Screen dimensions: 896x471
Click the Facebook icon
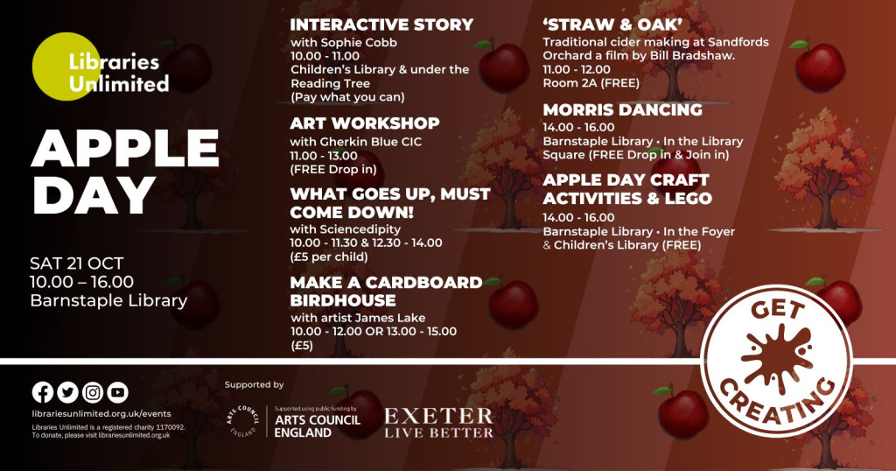42,393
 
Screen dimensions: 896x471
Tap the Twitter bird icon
67,393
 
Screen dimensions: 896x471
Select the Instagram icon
93,393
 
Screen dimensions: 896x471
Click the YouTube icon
118,393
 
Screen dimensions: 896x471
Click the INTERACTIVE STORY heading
381,25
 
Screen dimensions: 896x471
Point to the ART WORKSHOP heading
365,123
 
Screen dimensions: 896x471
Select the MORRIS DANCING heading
622,109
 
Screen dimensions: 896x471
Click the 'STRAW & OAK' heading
612,25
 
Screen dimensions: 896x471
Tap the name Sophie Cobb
359,42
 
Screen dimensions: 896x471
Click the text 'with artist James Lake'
358,318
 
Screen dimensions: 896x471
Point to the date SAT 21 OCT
77,264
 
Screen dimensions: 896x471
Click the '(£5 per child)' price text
329,257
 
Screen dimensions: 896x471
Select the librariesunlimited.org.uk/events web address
101,414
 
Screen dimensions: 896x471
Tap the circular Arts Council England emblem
243,421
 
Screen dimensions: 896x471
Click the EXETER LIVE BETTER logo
438,423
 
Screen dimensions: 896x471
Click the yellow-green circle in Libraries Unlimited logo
64,67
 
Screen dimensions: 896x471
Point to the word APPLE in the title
125,149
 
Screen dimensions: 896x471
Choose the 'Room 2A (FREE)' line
591,83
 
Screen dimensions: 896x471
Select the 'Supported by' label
255,385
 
